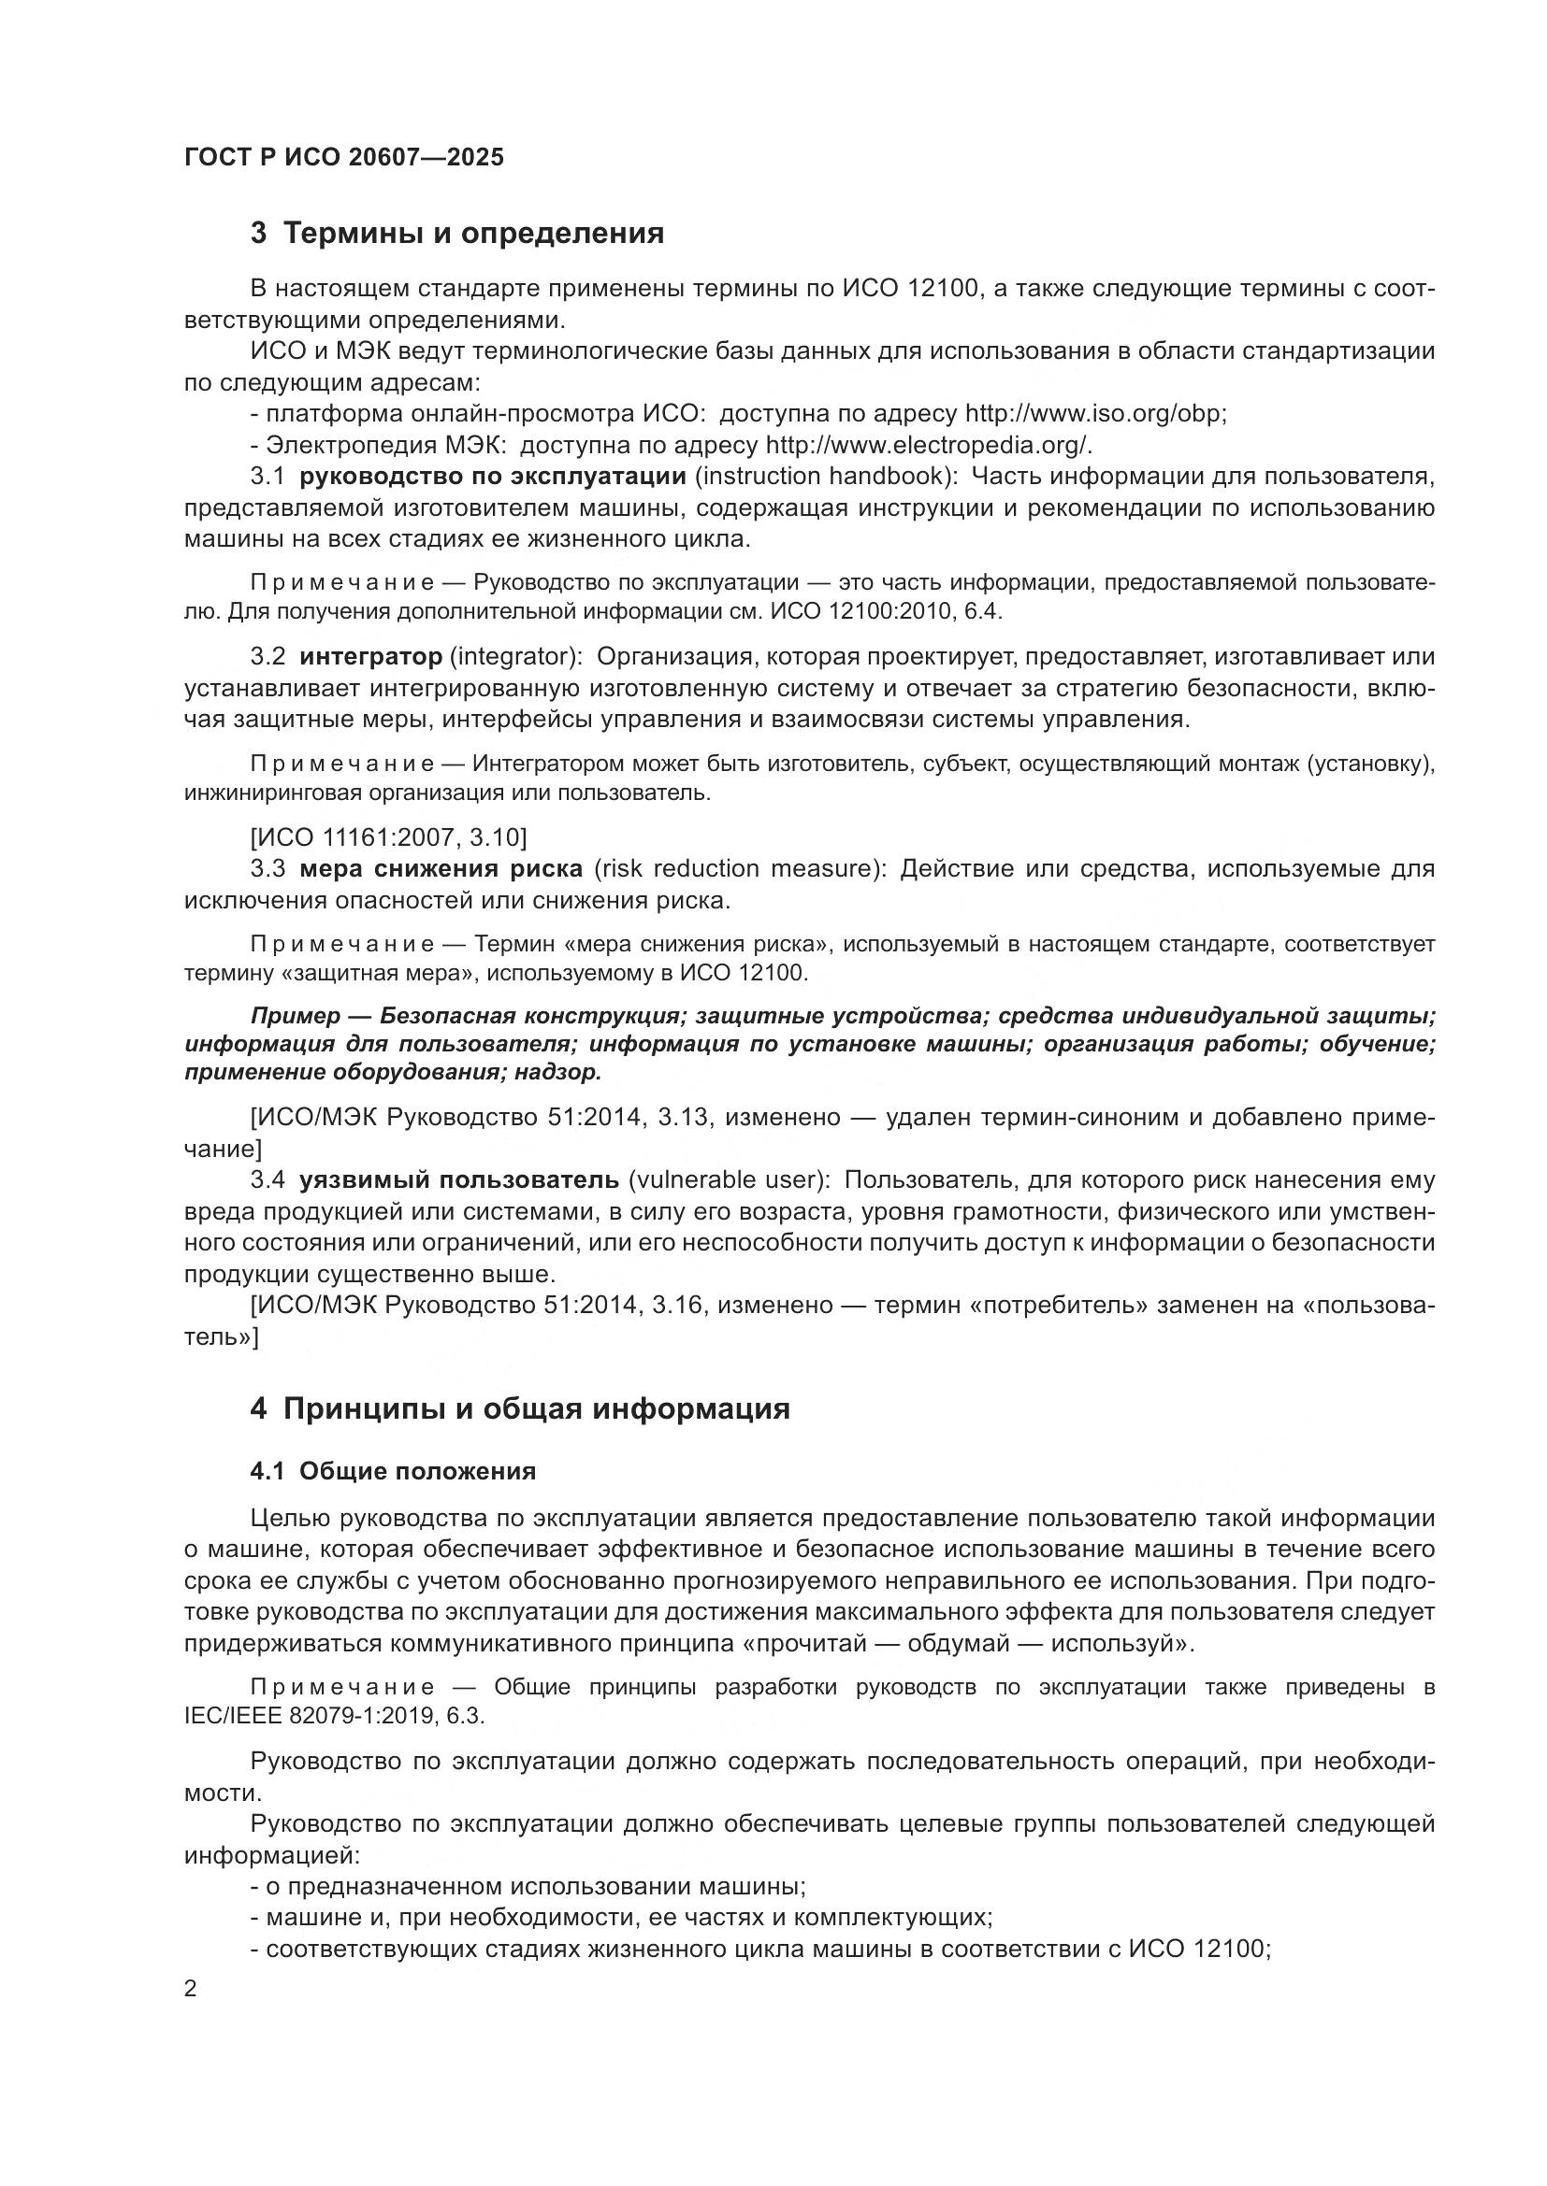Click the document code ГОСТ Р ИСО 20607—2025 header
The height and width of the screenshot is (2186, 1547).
click(344, 157)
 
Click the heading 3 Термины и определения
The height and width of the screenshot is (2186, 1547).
click(457, 233)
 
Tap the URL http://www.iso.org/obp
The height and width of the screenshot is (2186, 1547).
click(1095, 413)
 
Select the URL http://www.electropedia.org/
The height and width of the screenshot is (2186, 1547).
click(929, 445)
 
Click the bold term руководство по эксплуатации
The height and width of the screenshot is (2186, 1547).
click(493, 476)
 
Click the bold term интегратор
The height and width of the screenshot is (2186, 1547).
click(370, 656)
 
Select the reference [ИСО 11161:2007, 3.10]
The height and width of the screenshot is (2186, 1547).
click(388, 836)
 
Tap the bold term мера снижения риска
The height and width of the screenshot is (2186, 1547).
click(441, 868)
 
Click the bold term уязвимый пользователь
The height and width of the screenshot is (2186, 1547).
click(459, 1179)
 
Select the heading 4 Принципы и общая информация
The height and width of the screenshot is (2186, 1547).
click(520, 1408)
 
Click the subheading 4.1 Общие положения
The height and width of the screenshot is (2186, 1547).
click(393, 1471)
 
